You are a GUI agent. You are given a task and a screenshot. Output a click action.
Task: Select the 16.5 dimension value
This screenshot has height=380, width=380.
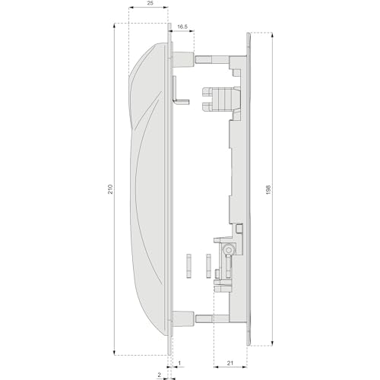click(x=182, y=27)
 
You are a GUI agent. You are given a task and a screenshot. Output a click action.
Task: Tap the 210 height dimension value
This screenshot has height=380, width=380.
click(x=110, y=189)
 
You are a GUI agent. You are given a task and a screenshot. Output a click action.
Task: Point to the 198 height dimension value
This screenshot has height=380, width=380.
click(x=269, y=190)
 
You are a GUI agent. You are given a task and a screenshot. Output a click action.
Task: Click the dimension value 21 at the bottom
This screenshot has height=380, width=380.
click(x=230, y=363)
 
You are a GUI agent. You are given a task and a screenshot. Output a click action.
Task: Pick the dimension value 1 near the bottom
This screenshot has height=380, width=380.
click(x=179, y=363)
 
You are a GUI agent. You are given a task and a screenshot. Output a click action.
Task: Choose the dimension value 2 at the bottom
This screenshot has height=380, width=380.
click(x=159, y=375)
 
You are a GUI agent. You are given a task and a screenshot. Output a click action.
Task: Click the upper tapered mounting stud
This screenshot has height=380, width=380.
click(x=183, y=59)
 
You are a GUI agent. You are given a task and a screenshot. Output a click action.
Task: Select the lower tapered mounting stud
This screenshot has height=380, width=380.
click(x=183, y=318)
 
